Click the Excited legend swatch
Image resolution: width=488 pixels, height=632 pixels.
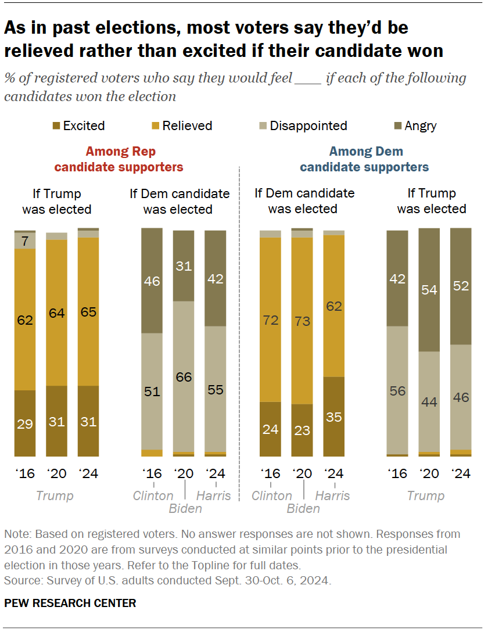(56, 126)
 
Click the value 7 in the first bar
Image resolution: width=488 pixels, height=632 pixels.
(25, 240)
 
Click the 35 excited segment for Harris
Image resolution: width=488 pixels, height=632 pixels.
(333, 416)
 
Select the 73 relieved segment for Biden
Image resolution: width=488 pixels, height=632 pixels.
(302, 321)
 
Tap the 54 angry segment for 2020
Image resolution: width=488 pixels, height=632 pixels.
(429, 290)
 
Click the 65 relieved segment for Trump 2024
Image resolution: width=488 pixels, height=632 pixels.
(88, 311)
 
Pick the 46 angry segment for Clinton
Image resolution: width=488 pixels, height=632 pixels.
(152, 281)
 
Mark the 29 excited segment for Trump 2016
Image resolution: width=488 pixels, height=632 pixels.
(25, 423)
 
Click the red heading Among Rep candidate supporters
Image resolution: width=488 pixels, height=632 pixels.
(119, 160)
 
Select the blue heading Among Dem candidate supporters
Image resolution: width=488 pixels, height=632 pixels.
(364, 160)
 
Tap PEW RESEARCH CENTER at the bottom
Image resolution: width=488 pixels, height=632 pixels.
(70, 604)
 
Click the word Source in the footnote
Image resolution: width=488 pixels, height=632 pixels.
(19, 580)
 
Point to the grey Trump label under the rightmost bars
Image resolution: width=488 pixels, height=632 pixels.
(425, 495)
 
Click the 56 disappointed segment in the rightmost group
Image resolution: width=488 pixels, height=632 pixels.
(397, 390)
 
